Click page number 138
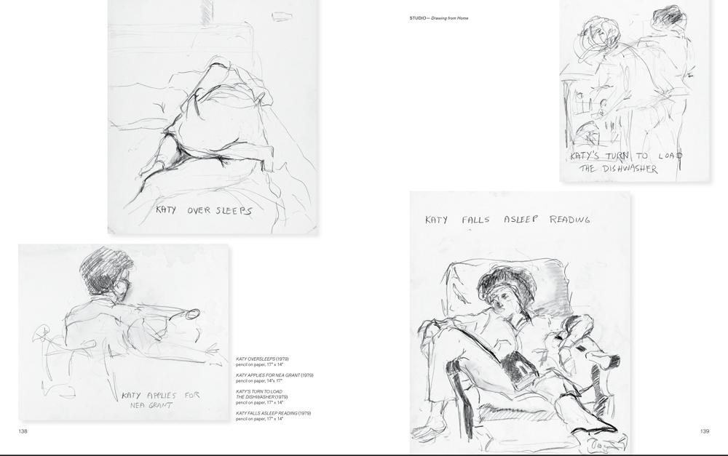point(23,431)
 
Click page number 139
point(704,431)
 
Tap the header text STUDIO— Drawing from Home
point(438,17)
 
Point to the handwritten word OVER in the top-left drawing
point(199,211)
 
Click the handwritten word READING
point(569,219)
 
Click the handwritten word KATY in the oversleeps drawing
point(167,211)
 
